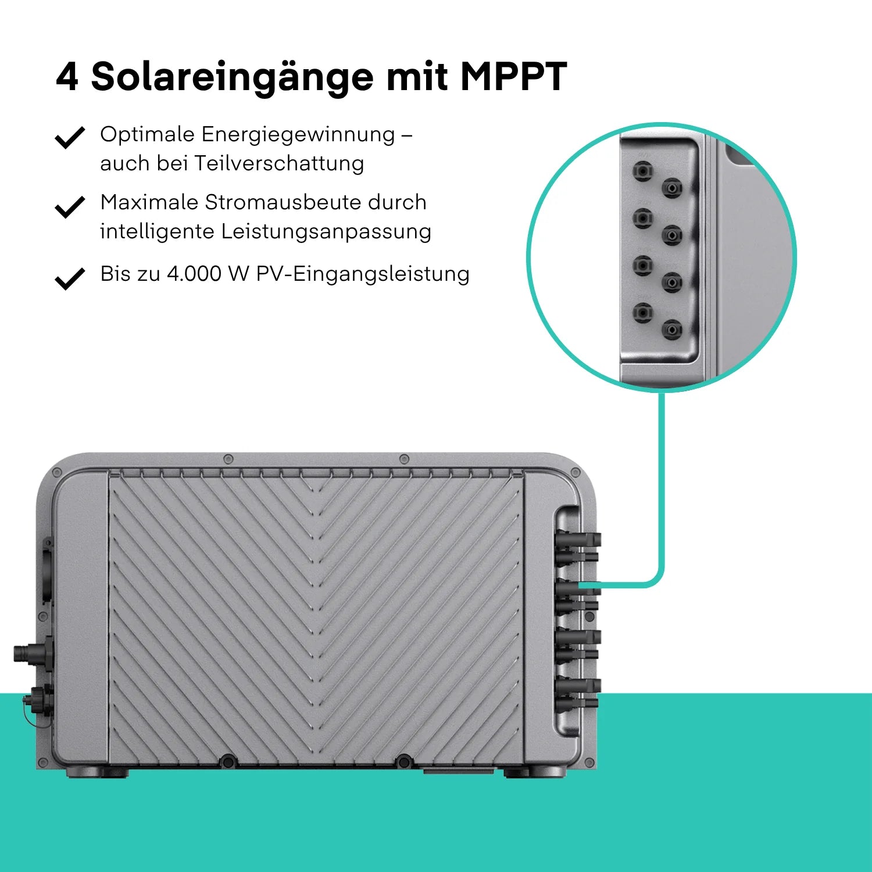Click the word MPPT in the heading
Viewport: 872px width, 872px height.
click(x=513, y=76)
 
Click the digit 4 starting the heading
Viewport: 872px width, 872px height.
click(x=67, y=76)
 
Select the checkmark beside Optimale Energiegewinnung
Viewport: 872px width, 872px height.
click(x=70, y=138)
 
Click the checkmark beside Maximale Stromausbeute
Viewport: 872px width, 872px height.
click(x=70, y=207)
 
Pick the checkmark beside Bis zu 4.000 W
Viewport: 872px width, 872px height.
click(x=70, y=278)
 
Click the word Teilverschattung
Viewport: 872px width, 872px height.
click(x=279, y=163)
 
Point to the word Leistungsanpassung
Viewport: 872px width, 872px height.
click(x=326, y=232)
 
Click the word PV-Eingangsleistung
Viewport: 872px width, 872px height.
click(x=363, y=274)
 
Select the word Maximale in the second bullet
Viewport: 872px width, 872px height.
click(x=149, y=202)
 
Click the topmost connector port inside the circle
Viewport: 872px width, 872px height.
click(x=643, y=172)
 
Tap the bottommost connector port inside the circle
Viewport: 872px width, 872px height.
click(x=672, y=330)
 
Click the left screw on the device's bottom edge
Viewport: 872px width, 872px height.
click(x=228, y=761)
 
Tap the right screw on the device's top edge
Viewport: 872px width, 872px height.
click(x=405, y=459)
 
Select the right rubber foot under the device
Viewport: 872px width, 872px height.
click(x=534, y=772)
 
